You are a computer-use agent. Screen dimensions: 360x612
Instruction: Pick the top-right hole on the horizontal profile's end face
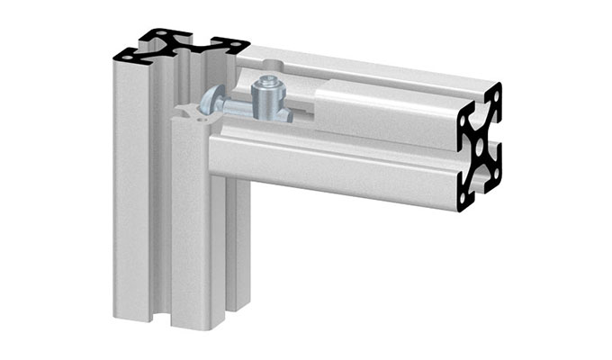493,94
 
